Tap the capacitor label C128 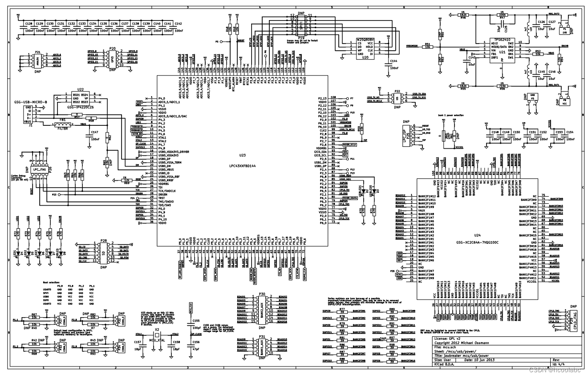(x=29, y=23)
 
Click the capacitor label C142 (x=178, y=23)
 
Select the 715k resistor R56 (x=502, y=86)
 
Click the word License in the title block (x=441, y=338)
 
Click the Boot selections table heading (x=51, y=283)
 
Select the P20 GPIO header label (x=112, y=48)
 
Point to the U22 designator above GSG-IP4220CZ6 (x=80, y=89)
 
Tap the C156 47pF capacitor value (x=196, y=350)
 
